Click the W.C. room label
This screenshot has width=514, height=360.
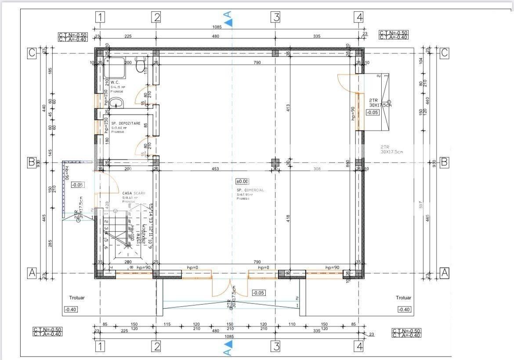point(115,82)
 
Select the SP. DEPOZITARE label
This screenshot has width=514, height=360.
point(126,123)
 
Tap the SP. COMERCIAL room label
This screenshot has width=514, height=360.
point(250,190)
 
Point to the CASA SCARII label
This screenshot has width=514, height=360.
point(134,193)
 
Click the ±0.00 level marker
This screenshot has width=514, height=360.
point(243,181)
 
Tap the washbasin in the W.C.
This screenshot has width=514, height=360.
point(116,104)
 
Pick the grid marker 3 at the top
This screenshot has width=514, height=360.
point(275,18)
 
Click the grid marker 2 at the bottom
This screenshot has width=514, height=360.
point(156,346)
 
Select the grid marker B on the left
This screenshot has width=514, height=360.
point(32,162)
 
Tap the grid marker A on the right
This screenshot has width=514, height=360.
point(445,273)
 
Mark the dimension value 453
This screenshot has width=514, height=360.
point(215,169)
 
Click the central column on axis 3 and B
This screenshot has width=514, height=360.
point(275,162)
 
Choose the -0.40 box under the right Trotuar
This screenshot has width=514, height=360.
point(404,310)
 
